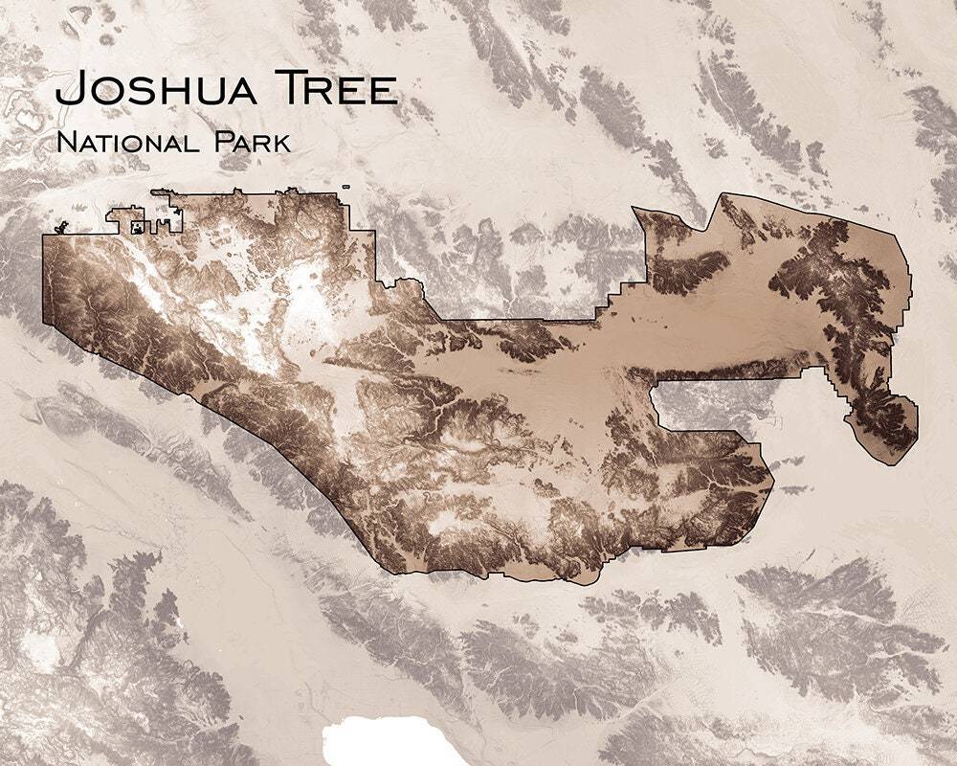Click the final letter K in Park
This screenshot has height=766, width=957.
(x=279, y=145)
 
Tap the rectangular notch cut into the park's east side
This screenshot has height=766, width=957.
(x=699, y=406)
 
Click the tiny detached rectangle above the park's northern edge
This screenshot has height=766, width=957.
(x=345, y=186)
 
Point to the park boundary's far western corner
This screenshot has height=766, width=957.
(x=44, y=236)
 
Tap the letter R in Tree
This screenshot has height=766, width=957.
(x=323, y=92)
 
